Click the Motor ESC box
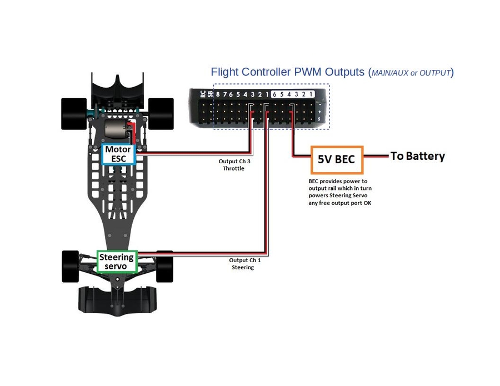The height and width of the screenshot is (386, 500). [118, 154]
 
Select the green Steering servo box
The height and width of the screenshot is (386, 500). [117, 262]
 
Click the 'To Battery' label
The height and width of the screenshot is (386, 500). [417, 156]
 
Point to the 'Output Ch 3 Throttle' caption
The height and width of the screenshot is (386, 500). [232, 164]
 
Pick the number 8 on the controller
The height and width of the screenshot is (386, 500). [219, 94]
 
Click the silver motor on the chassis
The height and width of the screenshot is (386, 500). [114, 131]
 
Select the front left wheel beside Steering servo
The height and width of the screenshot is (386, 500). [71, 265]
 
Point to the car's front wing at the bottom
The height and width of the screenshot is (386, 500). [116, 300]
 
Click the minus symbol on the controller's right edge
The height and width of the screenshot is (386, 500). [319, 104]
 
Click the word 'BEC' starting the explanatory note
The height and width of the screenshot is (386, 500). [315, 181]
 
